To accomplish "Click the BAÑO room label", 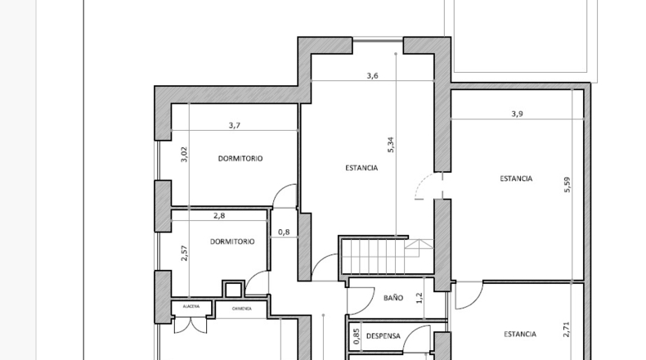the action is click(x=393, y=298).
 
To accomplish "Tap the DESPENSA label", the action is click(x=384, y=336).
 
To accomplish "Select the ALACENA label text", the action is click(x=191, y=306).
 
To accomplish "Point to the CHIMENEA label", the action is click(x=241, y=308).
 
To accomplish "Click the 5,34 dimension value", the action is click(x=391, y=145).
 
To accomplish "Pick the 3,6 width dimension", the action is click(x=372, y=75).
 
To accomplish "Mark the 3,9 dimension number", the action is click(x=517, y=114).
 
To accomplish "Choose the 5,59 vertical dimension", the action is click(x=567, y=185).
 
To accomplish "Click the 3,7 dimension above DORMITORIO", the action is click(x=235, y=125).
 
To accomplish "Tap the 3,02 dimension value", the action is click(x=184, y=154).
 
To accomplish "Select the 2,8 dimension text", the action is click(x=219, y=216).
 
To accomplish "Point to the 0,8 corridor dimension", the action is click(x=284, y=232).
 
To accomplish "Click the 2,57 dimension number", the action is click(x=184, y=253).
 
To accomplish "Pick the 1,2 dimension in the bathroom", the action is click(x=419, y=298).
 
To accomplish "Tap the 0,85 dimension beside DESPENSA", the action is click(x=357, y=336).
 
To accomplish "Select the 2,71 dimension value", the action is click(x=567, y=330).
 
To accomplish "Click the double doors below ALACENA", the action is click(x=191, y=325).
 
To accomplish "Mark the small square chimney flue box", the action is click(x=233, y=289).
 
